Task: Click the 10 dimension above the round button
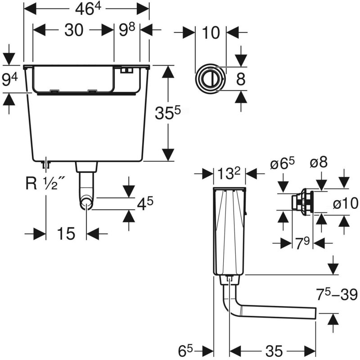[x=211, y=32]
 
